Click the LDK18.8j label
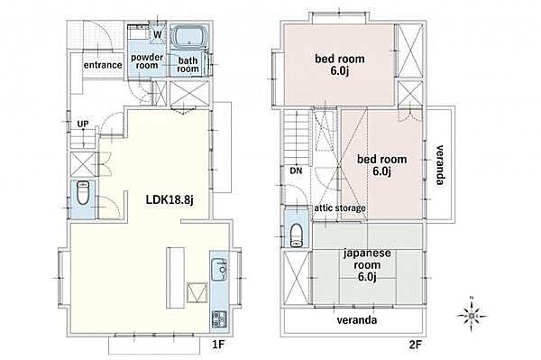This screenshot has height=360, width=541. point(170,199)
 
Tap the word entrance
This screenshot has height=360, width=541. point(103,65)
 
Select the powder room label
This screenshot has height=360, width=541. point(147,61)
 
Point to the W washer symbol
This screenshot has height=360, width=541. point(157,34)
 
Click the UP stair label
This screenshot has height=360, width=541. point(83,124)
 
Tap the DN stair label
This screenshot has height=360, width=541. point(296,171)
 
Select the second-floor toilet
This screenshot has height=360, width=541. point(296,235)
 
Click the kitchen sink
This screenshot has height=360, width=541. point(219,269)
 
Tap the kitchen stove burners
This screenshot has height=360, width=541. point(219,319)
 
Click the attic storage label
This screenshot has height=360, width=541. point(340,208)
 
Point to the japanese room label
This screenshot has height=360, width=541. point(367,264)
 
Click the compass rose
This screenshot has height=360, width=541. point(472,316)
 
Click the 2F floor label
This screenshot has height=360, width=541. point(416,344)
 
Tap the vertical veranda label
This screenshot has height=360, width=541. point(440,164)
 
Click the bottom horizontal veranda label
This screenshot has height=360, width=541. point(357,320)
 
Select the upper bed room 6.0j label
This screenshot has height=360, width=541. point(340,65)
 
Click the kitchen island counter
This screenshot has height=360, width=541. point(176,278)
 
